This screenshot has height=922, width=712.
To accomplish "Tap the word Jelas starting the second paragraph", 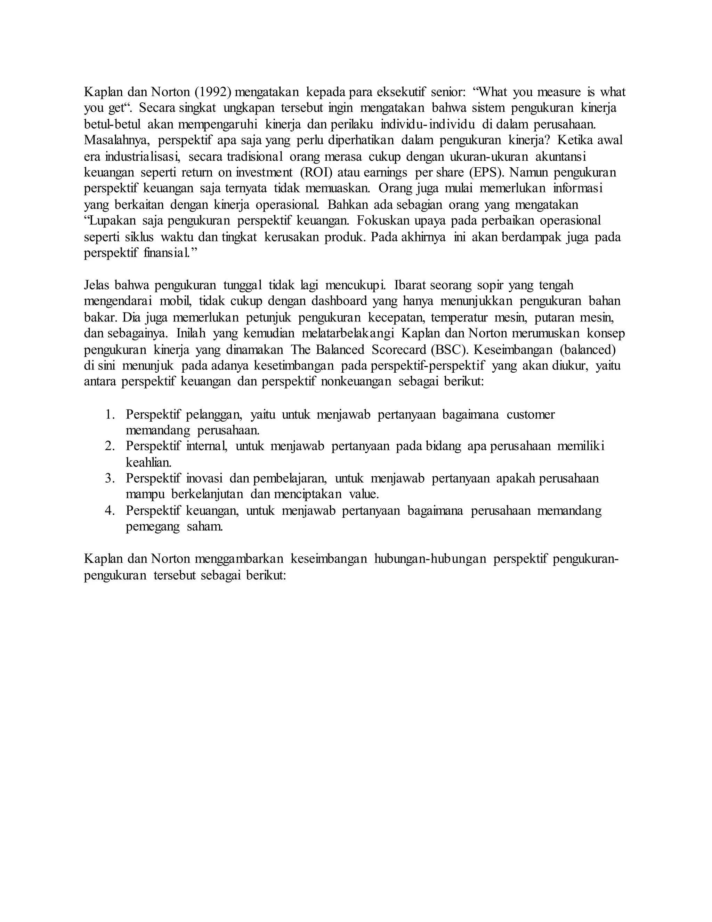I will (96, 285).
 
